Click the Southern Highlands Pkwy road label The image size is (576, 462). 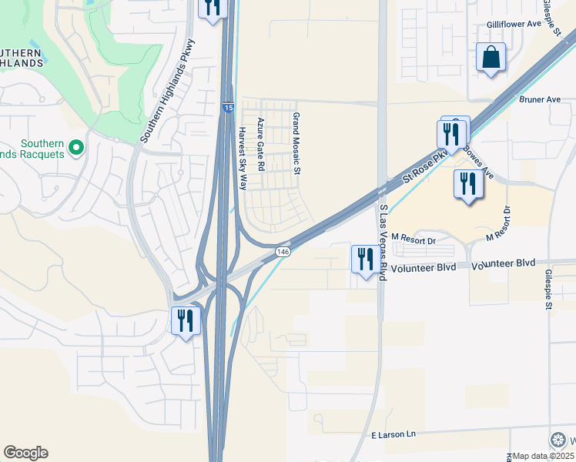[x=169, y=90]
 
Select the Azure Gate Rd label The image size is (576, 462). [x=261, y=144]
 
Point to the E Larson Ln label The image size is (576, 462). [x=393, y=434]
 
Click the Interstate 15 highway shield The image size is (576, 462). [x=229, y=109]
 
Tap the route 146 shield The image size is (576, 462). [x=283, y=252]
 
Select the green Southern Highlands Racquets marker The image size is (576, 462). [x=75, y=146]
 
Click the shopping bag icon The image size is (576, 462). [x=491, y=58]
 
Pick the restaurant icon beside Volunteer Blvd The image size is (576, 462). [x=364, y=259]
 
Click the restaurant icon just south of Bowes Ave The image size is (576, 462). [x=467, y=183]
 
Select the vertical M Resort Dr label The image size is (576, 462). [x=507, y=220]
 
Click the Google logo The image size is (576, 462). [x=25, y=453]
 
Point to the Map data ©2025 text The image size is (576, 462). [x=544, y=456]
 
